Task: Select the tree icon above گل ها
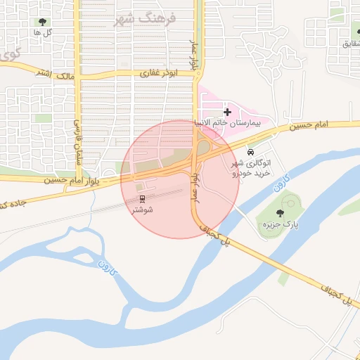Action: coord(45,22)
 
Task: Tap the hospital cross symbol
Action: coord(227,112)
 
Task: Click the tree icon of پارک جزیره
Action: coord(281,213)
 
